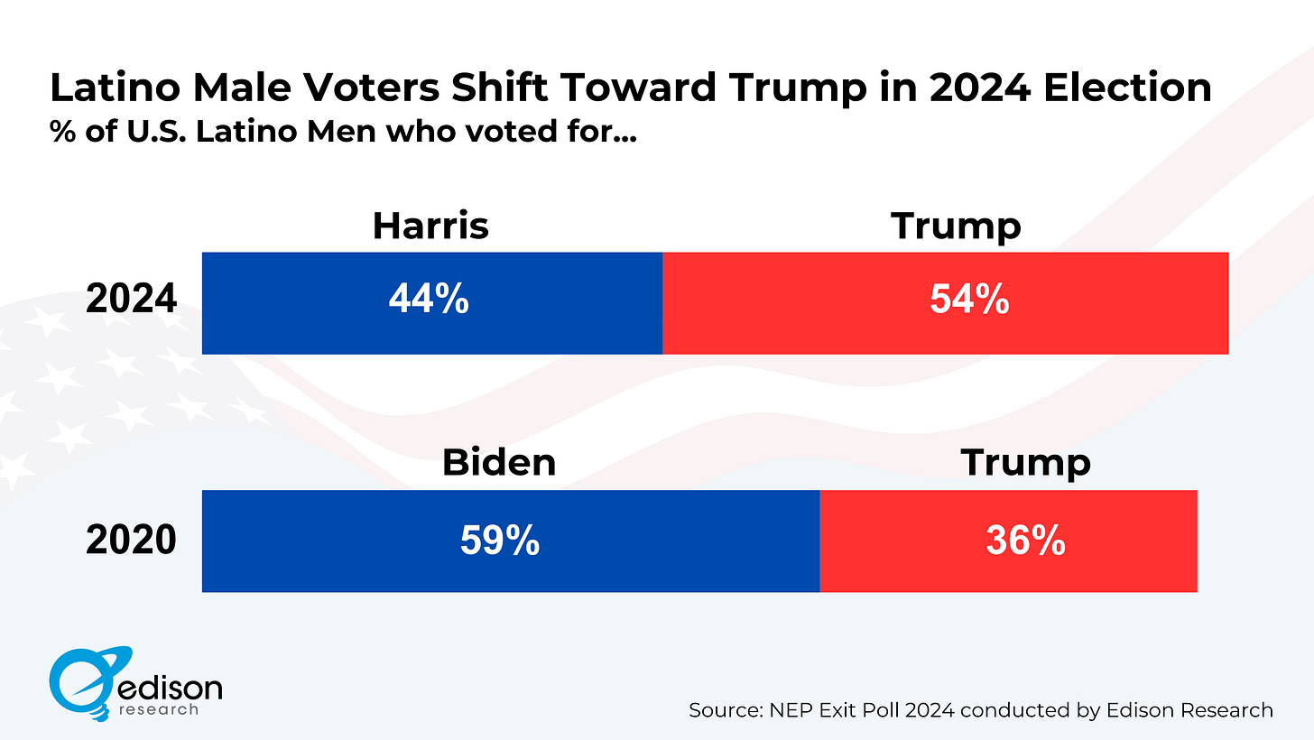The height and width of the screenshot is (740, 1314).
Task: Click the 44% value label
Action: click(429, 301)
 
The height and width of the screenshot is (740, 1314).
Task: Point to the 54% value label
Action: click(969, 301)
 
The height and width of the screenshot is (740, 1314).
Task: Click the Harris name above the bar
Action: click(430, 226)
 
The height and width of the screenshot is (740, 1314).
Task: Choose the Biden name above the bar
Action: click(499, 463)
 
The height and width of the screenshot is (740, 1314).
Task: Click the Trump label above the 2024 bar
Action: click(956, 226)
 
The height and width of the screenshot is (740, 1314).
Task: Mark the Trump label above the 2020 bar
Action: click(1025, 463)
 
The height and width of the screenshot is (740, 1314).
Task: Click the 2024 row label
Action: click(132, 300)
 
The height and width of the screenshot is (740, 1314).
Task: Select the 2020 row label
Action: click(132, 540)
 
